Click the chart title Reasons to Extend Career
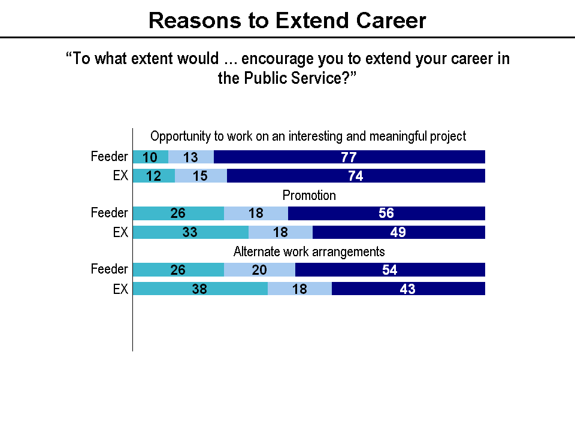[x=287, y=20]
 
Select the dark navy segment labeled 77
[x=349, y=157]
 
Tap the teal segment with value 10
[x=150, y=157]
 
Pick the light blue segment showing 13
[x=190, y=157]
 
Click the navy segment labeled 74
[x=356, y=176]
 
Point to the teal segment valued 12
[x=153, y=176]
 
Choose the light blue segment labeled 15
[x=201, y=176]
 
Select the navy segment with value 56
[x=386, y=214]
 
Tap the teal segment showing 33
[x=190, y=232]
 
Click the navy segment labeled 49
[x=398, y=232]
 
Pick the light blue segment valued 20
[x=259, y=270]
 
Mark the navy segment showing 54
[x=390, y=270]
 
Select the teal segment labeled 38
[x=200, y=289]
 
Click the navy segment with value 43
[x=408, y=289]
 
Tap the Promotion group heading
[x=309, y=195]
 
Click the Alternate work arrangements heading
[x=309, y=251]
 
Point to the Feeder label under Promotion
[x=109, y=213]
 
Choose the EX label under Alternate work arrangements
[x=120, y=289]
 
